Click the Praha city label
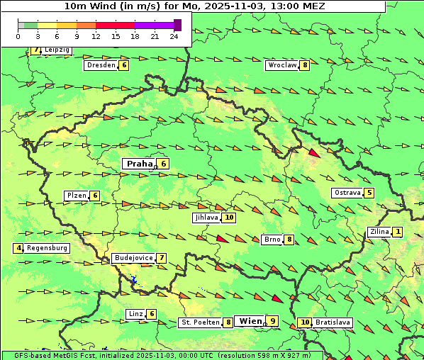click(x=139, y=164)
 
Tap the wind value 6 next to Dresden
click(x=124, y=65)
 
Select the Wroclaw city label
click(x=281, y=65)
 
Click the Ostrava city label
click(x=347, y=193)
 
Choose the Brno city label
click(x=272, y=240)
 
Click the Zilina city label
click(x=379, y=232)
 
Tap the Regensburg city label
click(x=48, y=248)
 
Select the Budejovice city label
click(x=133, y=258)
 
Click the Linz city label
click(x=135, y=314)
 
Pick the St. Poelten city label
click(x=199, y=322)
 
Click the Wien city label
click(x=250, y=321)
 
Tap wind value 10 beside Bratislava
click(x=305, y=322)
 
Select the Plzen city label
click(x=77, y=196)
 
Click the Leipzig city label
click(x=56, y=50)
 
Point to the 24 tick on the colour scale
click(x=174, y=36)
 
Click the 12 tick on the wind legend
click(x=96, y=36)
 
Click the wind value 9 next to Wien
click(x=272, y=321)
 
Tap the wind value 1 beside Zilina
click(x=398, y=232)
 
